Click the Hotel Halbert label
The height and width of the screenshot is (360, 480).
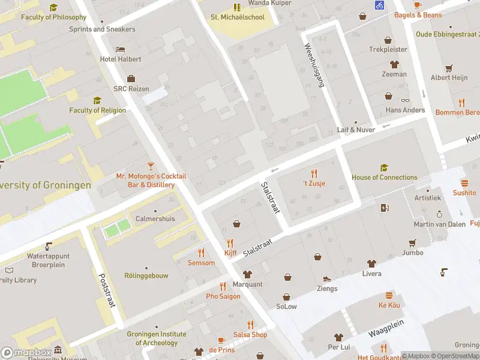pos(121,59)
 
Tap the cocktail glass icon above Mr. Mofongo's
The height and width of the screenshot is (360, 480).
pos(151,166)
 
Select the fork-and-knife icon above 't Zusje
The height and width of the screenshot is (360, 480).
pos(314,173)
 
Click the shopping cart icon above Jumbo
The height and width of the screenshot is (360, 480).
pos(412,243)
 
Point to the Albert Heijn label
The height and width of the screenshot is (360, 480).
pos(449,78)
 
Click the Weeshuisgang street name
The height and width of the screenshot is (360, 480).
pos(314,65)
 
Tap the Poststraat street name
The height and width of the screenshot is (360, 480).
pos(106,290)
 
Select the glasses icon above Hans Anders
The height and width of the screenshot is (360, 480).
pos(405,100)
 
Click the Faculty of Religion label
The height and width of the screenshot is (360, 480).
pos(97,110)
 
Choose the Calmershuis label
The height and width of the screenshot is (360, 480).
pos(155,219)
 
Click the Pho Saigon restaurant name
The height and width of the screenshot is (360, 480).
pos(223,296)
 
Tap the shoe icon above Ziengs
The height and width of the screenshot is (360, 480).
pos(327,279)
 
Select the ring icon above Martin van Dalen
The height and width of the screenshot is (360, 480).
pos(439,214)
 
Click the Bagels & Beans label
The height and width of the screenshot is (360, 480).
pos(418,15)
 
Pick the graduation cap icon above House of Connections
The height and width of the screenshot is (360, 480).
pos(384,167)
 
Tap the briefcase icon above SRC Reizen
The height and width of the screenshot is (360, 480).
pos(130,79)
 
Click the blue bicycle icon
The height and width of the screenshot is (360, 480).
pos(379,5)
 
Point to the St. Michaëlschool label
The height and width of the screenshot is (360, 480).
pos(237,17)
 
